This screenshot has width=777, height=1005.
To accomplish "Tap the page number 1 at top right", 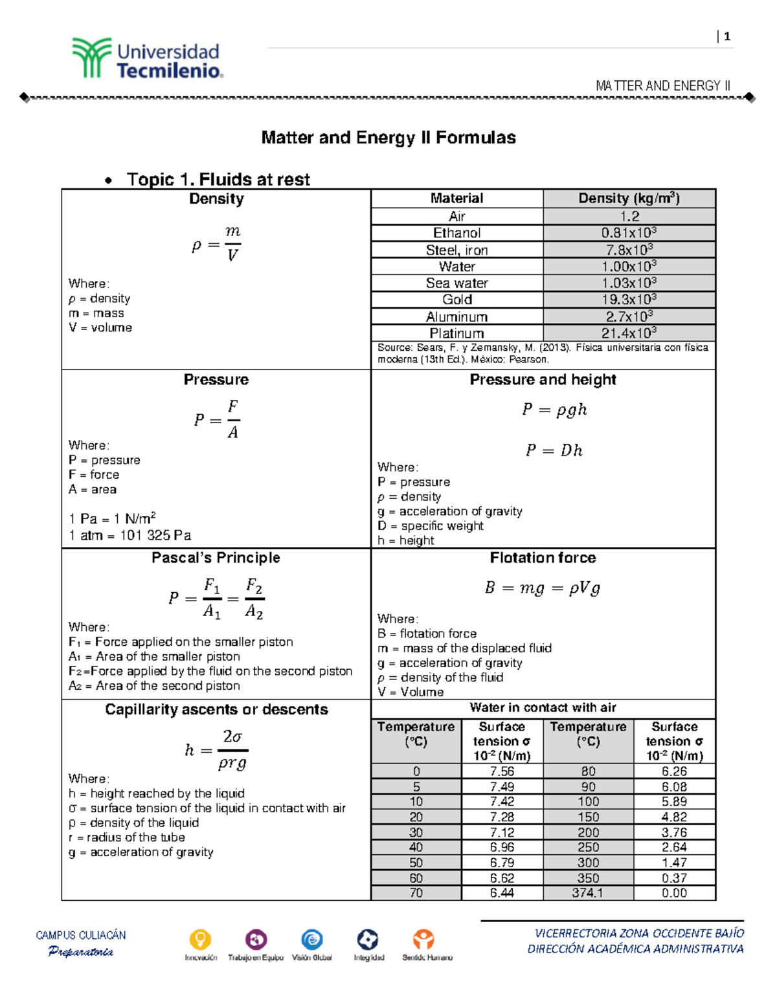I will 727,37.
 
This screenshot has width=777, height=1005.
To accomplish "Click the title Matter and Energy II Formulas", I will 388,138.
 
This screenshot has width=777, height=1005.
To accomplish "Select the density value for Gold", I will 629,300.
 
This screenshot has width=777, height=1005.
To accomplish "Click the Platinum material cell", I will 456,333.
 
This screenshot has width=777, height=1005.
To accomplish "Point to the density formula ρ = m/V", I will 216,244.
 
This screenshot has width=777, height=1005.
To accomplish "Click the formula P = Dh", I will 554,450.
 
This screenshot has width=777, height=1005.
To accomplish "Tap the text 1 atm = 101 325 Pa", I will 129,535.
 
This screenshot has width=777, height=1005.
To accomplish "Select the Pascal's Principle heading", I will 216,558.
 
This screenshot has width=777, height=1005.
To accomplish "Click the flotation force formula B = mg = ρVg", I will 543,588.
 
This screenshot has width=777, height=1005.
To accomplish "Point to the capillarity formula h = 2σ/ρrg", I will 216,750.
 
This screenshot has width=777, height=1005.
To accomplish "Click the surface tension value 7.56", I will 502,771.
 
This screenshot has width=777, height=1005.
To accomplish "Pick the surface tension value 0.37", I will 674,878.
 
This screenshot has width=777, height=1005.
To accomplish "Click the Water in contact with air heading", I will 543,708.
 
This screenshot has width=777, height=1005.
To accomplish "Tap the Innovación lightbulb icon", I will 200,939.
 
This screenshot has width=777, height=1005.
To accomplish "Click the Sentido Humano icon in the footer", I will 423,939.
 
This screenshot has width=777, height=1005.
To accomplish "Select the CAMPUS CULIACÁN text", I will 81,935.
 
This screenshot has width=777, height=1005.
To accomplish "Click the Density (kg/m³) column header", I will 629,199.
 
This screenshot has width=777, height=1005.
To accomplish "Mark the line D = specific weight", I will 431,526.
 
